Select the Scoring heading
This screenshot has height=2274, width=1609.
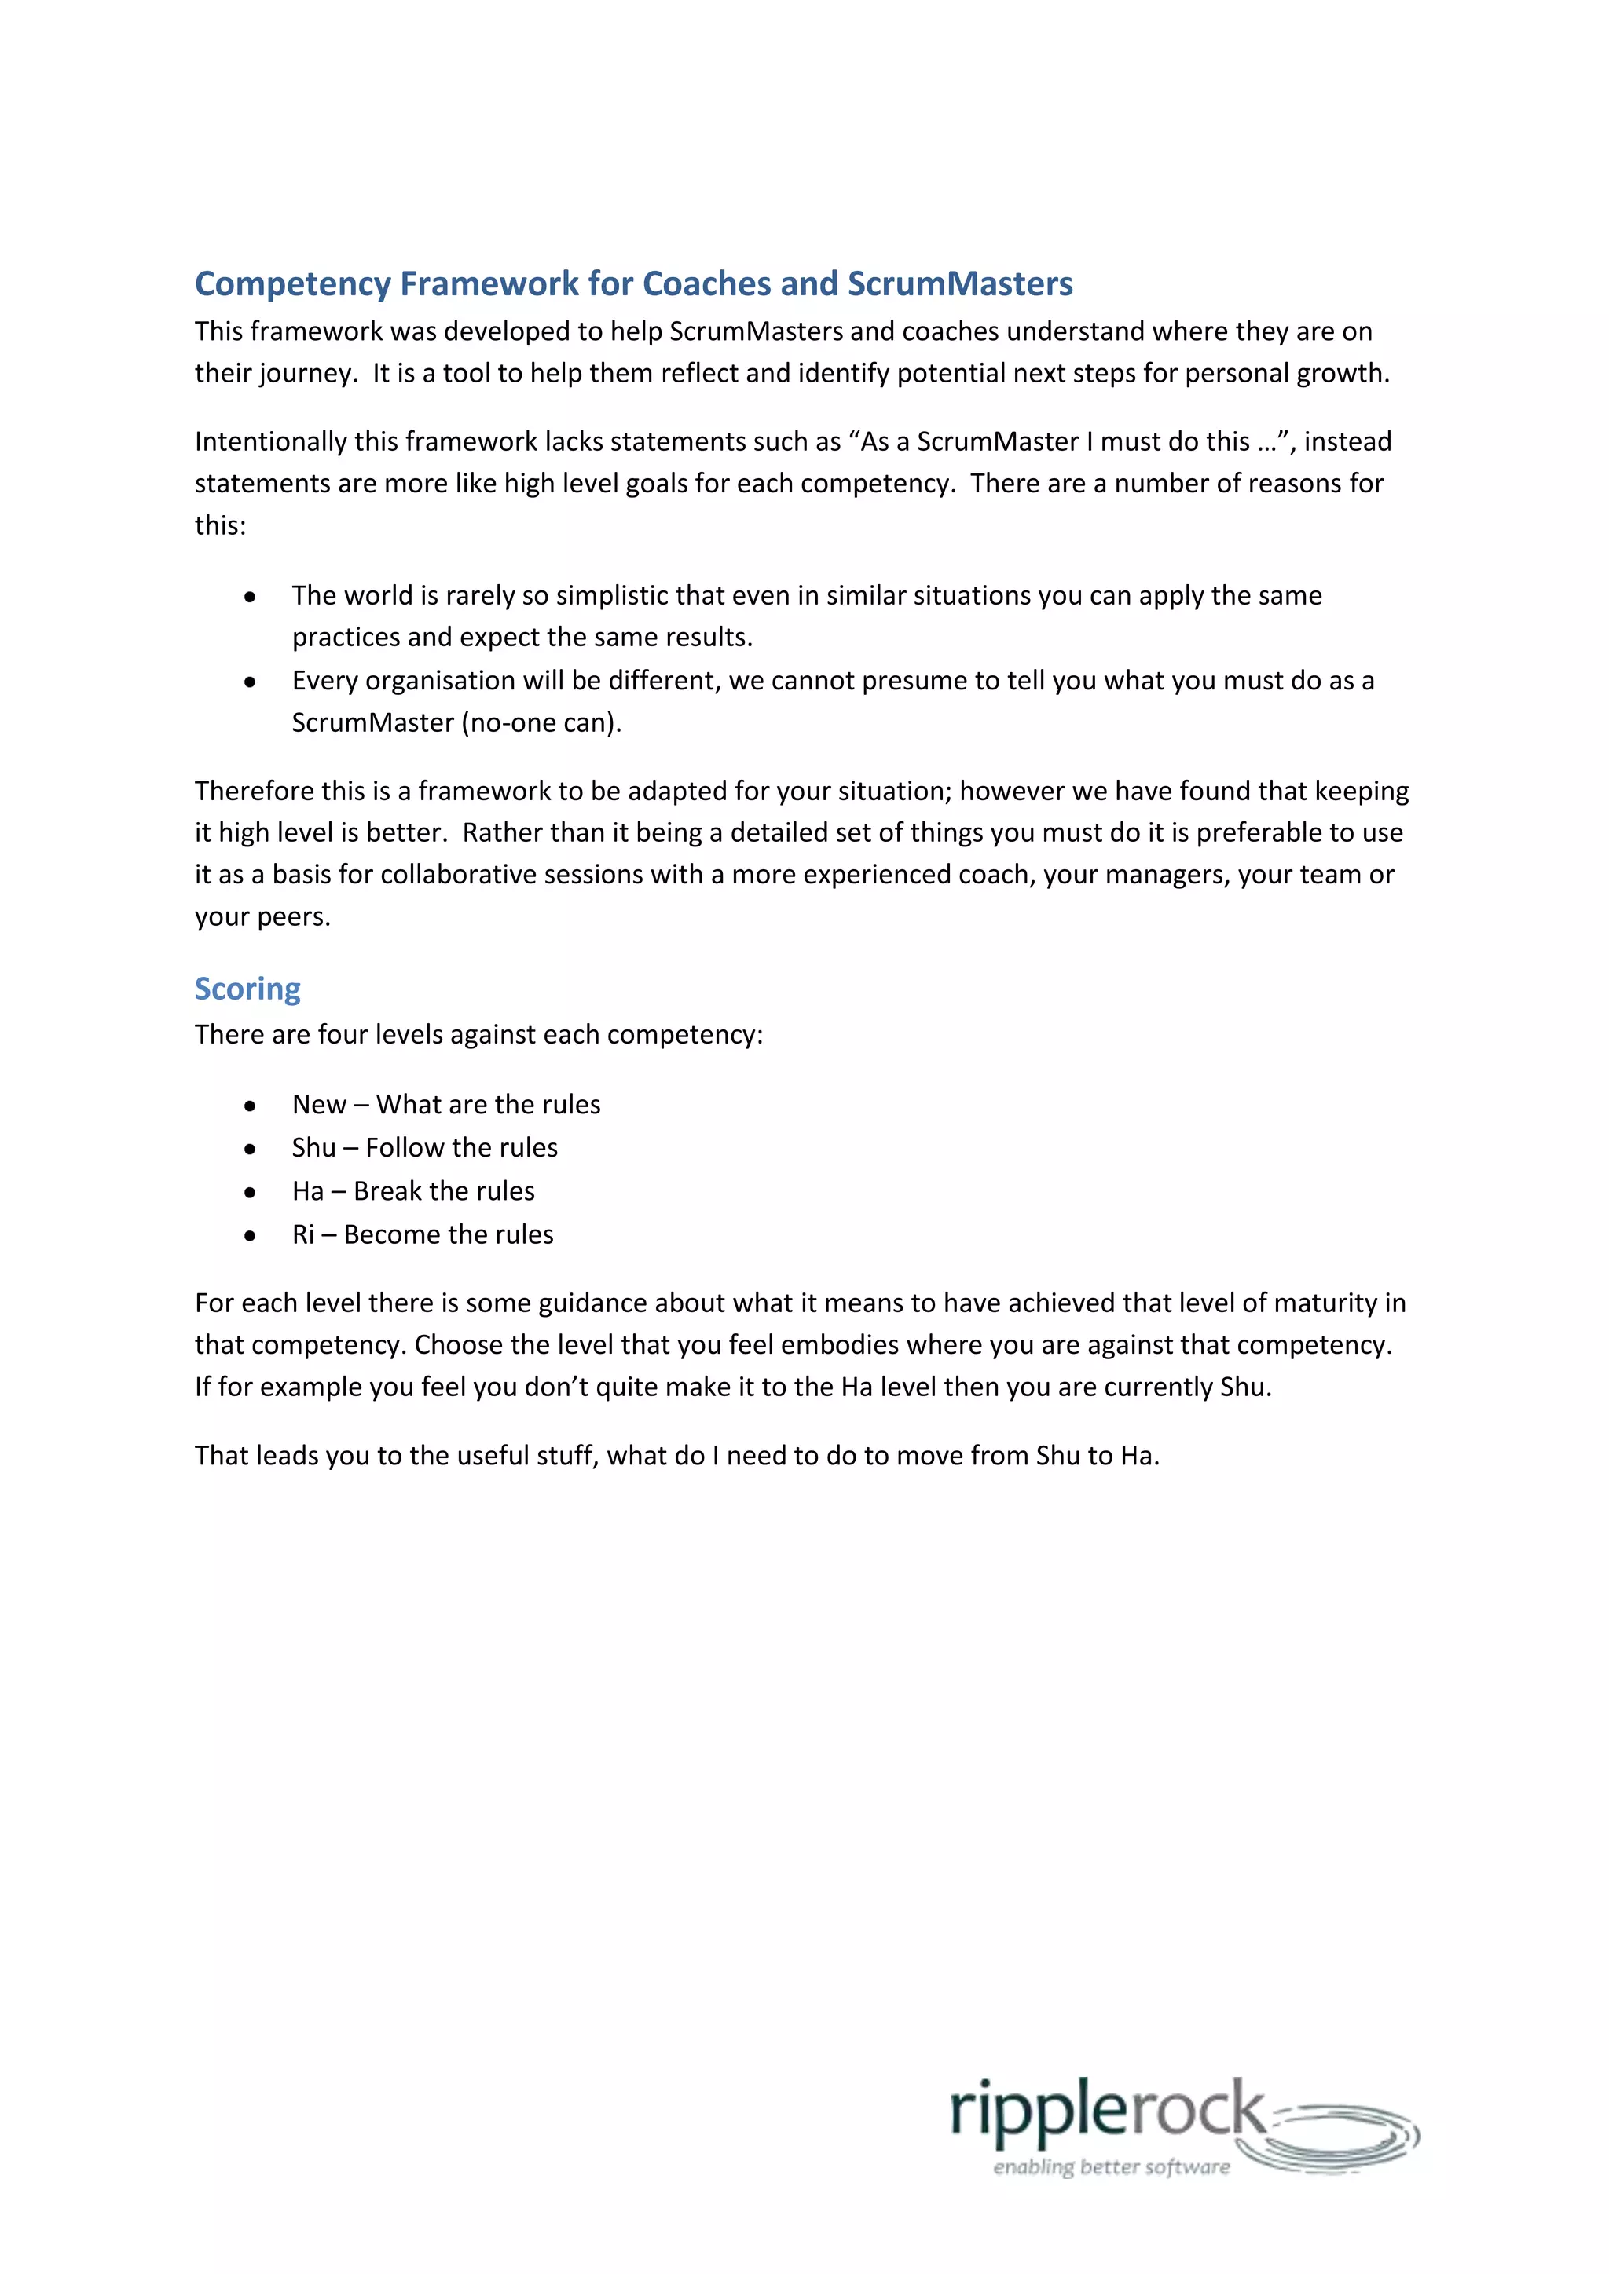coord(247,989)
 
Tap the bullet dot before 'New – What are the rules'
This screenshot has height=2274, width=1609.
coord(250,1106)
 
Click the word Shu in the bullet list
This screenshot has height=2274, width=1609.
coord(313,1148)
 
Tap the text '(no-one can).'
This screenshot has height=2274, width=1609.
coord(541,723)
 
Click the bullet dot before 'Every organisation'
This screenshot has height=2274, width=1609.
coord(250,682)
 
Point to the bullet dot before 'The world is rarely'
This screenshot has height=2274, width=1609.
coord(250,596)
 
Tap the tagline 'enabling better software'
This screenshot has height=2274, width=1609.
coord(1111,2167)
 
